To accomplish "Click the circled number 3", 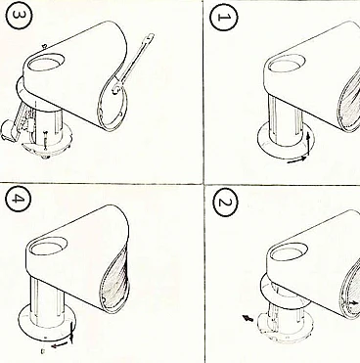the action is pos(20,18).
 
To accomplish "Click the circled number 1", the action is pos(223,17).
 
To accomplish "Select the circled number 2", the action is pos(224,203).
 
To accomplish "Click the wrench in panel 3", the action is pos(133,65).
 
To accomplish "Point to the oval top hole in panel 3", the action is pos(46,64).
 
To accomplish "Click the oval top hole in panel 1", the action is pos(287,64).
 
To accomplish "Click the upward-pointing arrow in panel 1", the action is pos(308,144).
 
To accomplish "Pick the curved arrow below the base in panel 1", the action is pos(297,160).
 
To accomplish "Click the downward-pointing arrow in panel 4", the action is pos(72,332).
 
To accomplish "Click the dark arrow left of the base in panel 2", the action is pos(248,317).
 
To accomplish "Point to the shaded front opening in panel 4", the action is pos(116,281).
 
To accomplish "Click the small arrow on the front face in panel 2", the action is pos(354,303).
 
